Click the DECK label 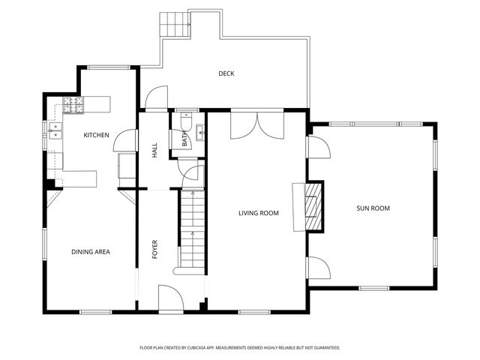point(226,73)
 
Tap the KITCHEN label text point(97,135)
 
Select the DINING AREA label point(91,252)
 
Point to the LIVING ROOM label point(259,213)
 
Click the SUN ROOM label point(373,208)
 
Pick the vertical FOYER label point(155,249)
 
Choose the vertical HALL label point(155,150)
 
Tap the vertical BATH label point(184,139)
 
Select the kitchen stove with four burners point(74,106)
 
